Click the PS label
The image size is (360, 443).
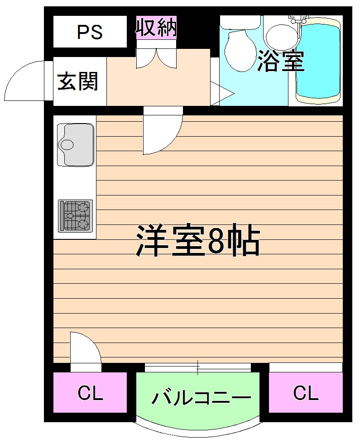click(90, 32)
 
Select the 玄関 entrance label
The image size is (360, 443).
click(78, 82)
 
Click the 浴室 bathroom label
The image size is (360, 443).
click(280, 62)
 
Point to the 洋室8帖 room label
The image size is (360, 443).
click(198, 240)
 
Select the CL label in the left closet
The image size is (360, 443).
click(90, 393)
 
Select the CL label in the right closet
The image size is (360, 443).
click(306, 393)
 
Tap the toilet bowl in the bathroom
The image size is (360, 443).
click(240, 50)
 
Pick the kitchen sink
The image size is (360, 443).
click(75, 144)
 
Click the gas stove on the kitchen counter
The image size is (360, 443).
click(75, 215)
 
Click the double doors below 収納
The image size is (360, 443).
click(157, 58)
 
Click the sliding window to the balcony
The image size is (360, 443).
click(198, 367)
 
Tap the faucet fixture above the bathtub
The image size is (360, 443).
click(298, 19)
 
